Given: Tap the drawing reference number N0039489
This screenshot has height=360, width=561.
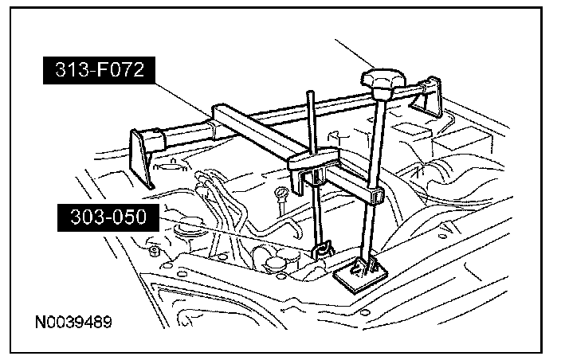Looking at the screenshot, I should click(x=73, y=324).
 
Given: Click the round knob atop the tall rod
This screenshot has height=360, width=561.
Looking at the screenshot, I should click(x=381, y=80).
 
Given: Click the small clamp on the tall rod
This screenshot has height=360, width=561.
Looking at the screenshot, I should click(x=374, y=194).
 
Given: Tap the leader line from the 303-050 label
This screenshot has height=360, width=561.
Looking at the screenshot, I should click(x=239, y=235).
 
